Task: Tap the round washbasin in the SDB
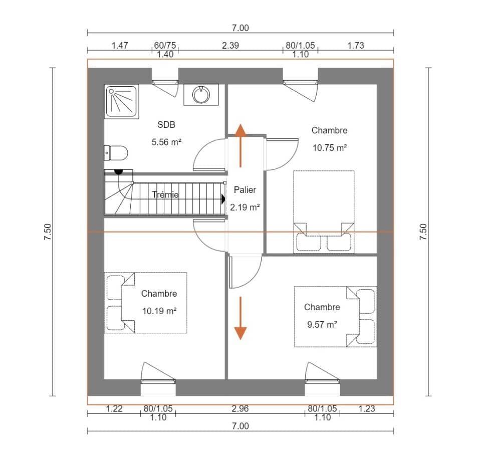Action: pos(201,95)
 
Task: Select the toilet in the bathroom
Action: pos(116,152)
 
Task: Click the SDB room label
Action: pos(166,125)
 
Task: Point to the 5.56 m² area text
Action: pos(166,142)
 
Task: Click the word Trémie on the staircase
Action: pos(165,195)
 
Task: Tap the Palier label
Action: pos(245,190)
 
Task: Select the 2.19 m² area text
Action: pos(245,206)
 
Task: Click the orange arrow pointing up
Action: pos(241,145)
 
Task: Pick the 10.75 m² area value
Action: pos(329,147)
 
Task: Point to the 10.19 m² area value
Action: pos(159,311)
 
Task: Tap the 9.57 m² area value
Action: pos(322,324)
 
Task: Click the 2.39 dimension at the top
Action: pos(230,45)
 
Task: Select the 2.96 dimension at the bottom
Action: pos(241,408)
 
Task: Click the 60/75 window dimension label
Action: pos(165,46)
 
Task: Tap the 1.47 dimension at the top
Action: pos(120,45)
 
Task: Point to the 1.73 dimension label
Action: pos(355,45)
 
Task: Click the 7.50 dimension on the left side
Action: pos(48,232)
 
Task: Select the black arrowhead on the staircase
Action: pos(223,199)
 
